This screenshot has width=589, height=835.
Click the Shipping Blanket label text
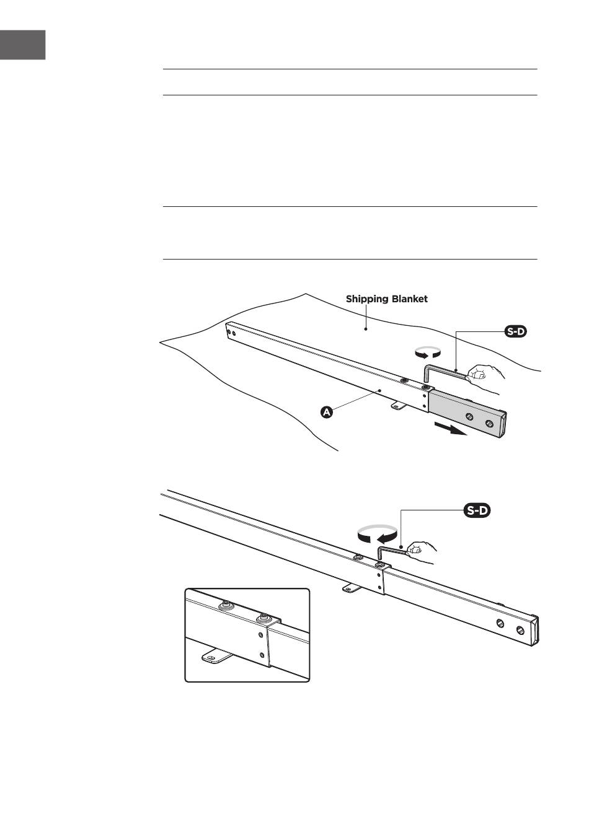tap(386, 299)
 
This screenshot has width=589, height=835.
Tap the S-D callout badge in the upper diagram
tap(516, 332)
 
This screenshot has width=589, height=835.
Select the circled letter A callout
tap(327, 412)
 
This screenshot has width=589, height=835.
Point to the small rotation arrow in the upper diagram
tap(428, 353)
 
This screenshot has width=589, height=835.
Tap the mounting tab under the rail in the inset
tap(214, 656)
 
